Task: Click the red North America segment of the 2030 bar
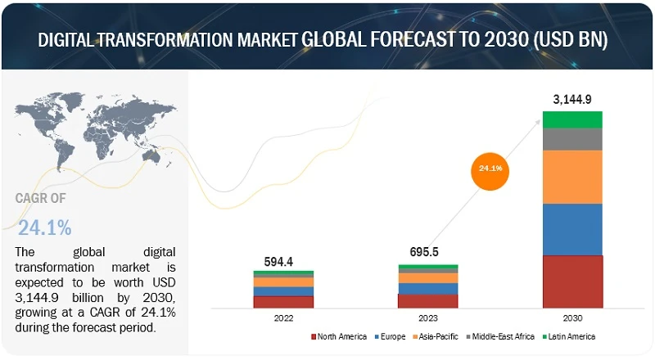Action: point(572,281)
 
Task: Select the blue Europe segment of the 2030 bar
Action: point(572,229)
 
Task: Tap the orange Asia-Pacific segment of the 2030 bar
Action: point(572,177)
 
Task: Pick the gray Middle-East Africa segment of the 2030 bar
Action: point(572,139)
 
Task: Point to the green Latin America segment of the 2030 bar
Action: point(572,119)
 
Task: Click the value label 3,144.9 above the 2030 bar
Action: point(572,101)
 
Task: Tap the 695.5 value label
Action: point(427,253)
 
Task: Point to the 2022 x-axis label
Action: point(283,317)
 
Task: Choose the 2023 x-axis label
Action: point(427,317)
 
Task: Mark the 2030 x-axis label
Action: point(572,317)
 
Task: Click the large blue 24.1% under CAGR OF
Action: point(44,226)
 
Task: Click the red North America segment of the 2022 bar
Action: point(283,301)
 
